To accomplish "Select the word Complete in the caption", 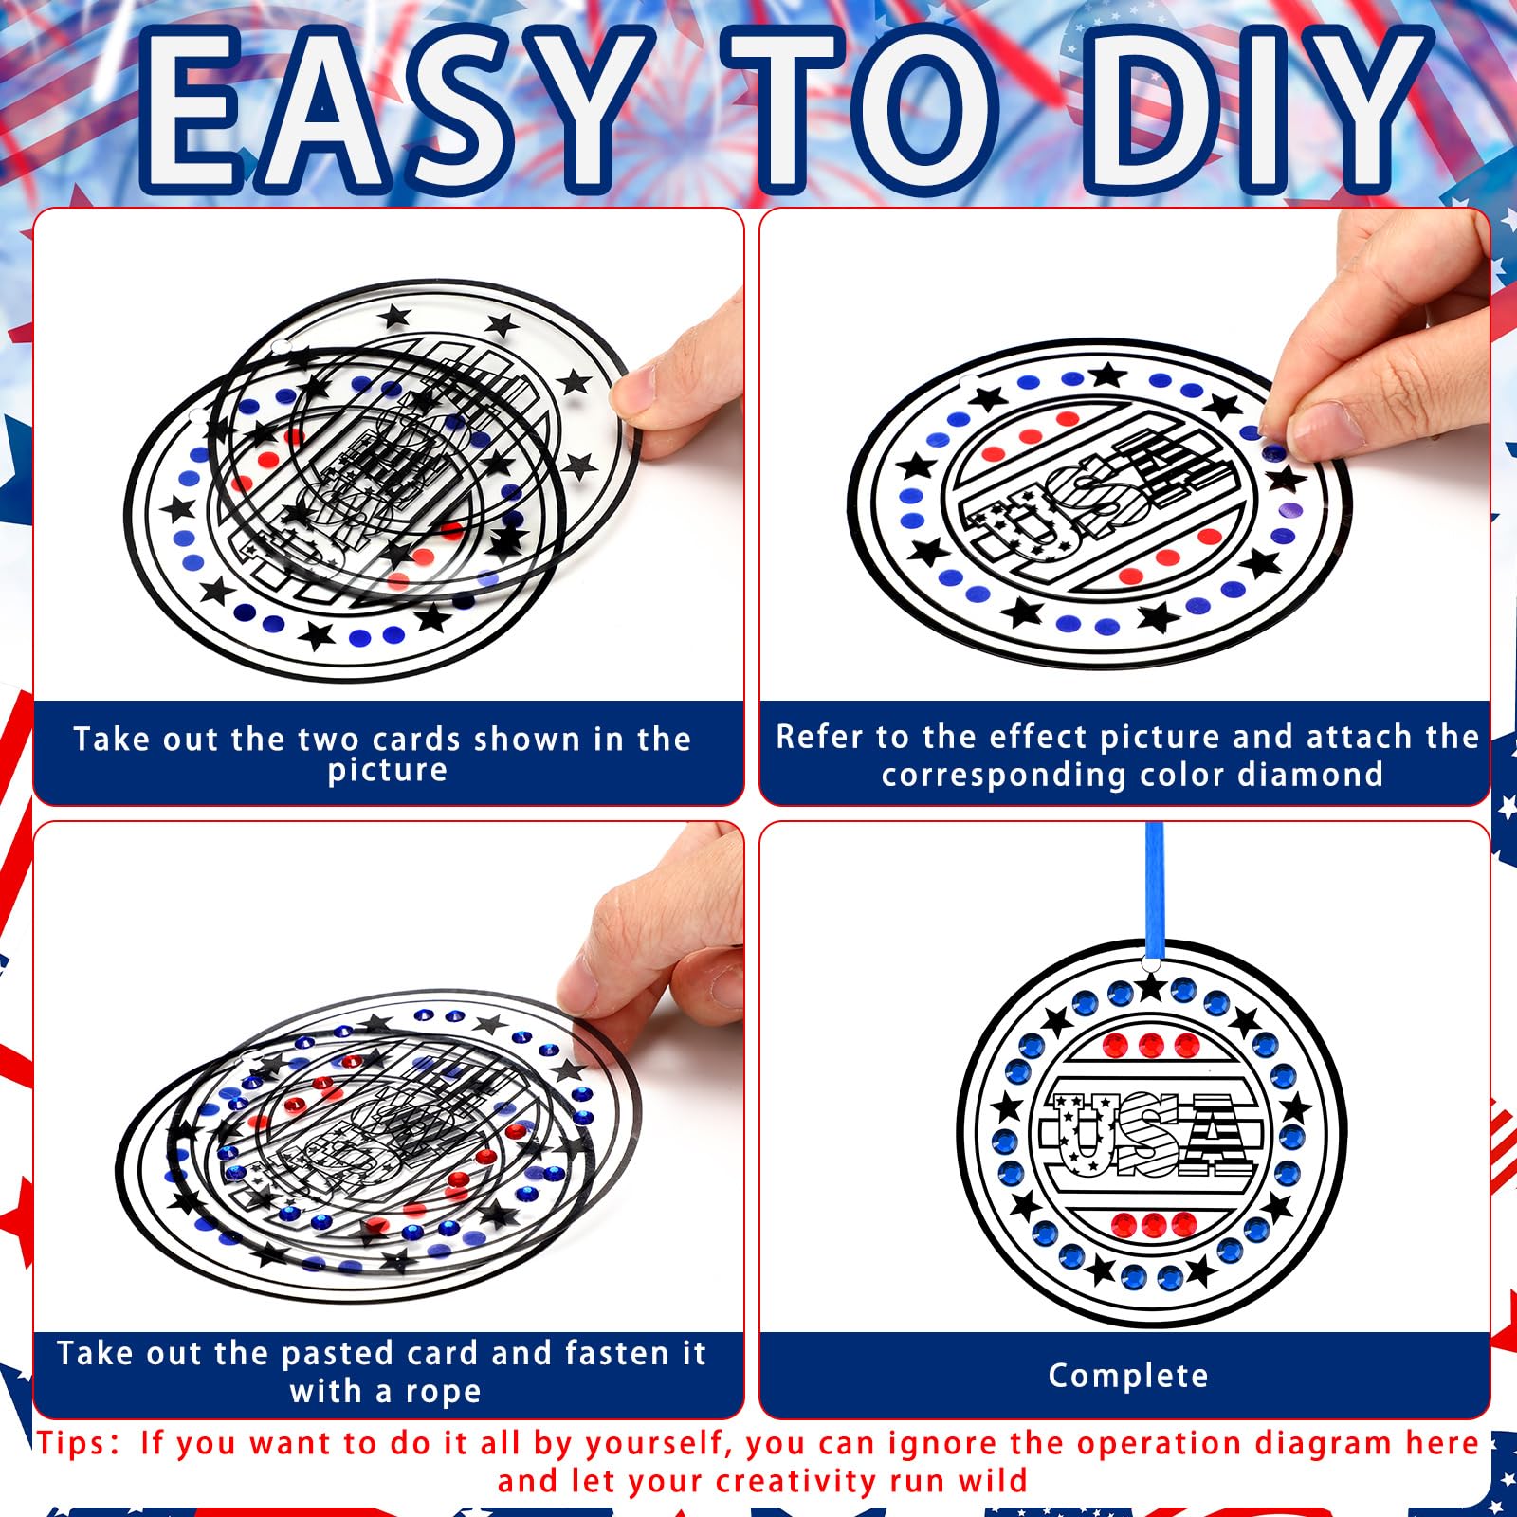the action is coord(1128,1376).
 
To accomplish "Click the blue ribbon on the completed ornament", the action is coord(1154,891).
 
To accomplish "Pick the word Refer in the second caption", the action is coord(821,737).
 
